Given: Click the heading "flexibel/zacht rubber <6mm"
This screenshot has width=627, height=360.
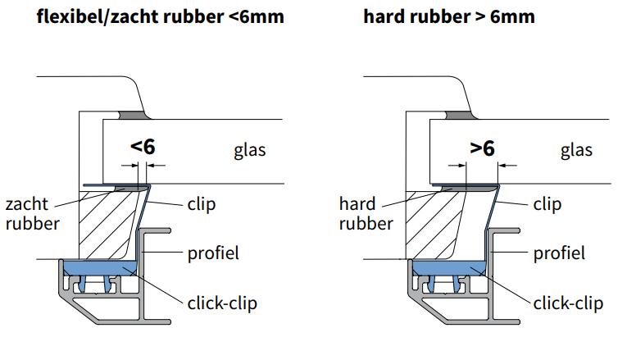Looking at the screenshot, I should coord(161,16).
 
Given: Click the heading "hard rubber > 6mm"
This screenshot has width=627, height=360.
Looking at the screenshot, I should coord(449,16).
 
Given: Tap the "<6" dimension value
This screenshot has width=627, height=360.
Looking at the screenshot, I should coord(143,147).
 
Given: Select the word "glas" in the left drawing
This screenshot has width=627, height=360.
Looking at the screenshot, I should coord(250,150).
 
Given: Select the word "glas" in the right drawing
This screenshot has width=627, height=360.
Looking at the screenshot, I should coord(576,150).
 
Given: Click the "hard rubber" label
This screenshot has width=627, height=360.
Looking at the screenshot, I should coord(366,213).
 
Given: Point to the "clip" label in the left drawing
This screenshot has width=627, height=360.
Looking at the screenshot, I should coord(202,204).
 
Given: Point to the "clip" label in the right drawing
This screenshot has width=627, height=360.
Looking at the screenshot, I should coord(547,204).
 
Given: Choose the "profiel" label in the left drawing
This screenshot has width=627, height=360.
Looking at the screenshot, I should coord(212,253).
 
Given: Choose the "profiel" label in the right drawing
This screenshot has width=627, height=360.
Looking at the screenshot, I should coord(559,253).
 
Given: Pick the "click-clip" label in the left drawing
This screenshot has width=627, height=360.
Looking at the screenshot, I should coord(222,303).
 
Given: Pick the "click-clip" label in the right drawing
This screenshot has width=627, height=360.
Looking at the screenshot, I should coord(568,303).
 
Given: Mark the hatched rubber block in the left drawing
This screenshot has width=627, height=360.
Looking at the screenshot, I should coord(102,221).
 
